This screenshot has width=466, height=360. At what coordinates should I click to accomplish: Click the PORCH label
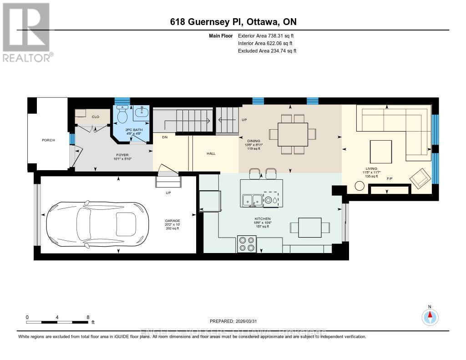click(x=48, y=140)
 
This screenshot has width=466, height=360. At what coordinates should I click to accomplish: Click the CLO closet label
click(x=96, y=117)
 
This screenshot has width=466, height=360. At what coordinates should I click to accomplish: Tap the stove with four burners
click(x=247, y=243)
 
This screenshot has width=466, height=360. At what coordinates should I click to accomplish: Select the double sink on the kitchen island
click(x=252, y=199)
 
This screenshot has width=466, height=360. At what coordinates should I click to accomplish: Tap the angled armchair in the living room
click(x=421, y=178)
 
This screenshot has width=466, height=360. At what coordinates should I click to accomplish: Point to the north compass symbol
click(x=430, y=315)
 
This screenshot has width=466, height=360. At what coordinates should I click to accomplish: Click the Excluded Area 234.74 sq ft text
click(x=267, y=51)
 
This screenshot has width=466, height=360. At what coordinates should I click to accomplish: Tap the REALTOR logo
click(x=26, y=32)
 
